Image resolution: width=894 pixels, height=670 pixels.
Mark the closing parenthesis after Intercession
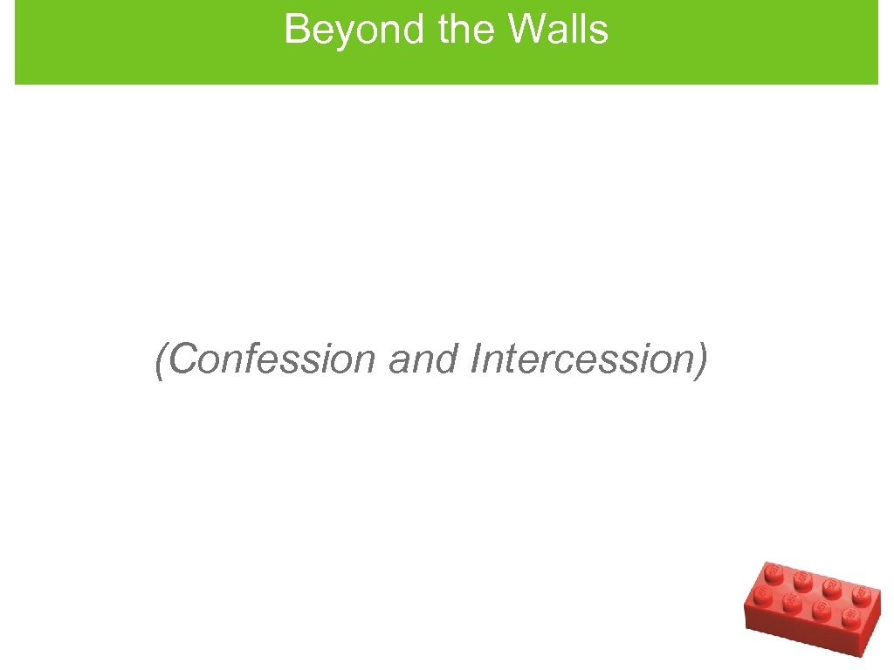pos(699,359)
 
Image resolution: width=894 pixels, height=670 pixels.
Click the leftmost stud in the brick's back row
pos(773,571)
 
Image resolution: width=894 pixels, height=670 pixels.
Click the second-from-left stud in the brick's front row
pos(791,601)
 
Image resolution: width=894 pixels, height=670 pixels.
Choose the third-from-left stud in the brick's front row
pos(821,609)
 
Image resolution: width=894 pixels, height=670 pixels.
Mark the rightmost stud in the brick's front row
pos(849,619)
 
